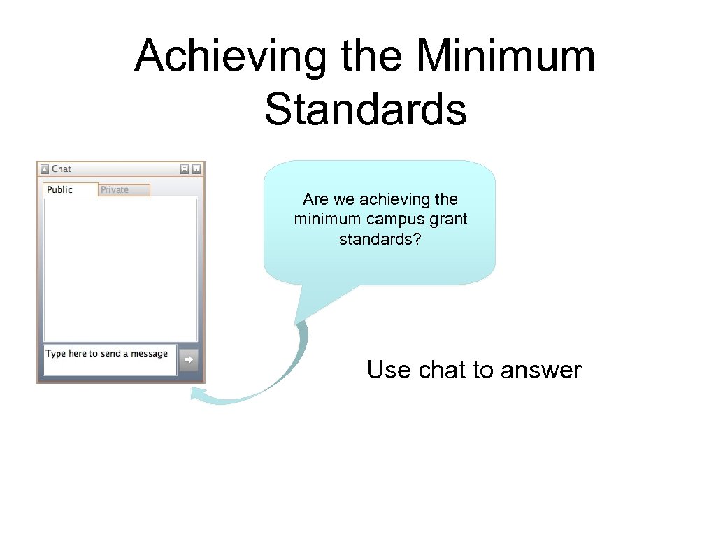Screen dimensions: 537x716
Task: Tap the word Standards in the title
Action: coord(365,110)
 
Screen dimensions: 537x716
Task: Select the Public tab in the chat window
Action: coord(60,189)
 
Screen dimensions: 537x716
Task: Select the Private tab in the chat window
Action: coord(115,189)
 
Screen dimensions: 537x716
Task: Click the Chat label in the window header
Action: coord(62,169)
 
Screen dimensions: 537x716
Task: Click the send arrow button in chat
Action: coord(188,360)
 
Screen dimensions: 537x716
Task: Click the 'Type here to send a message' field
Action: coord(110,359)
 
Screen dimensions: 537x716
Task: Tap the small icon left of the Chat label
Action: coord(44,169)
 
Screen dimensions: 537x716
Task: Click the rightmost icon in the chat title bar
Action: coord(196,169)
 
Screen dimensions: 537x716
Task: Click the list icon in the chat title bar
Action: coord(184,169)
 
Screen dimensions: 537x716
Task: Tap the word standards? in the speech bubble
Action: coord(380,239)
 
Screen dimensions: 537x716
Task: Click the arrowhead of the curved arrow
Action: coord(199,396)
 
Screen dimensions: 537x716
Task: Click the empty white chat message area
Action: coord(120,269)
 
